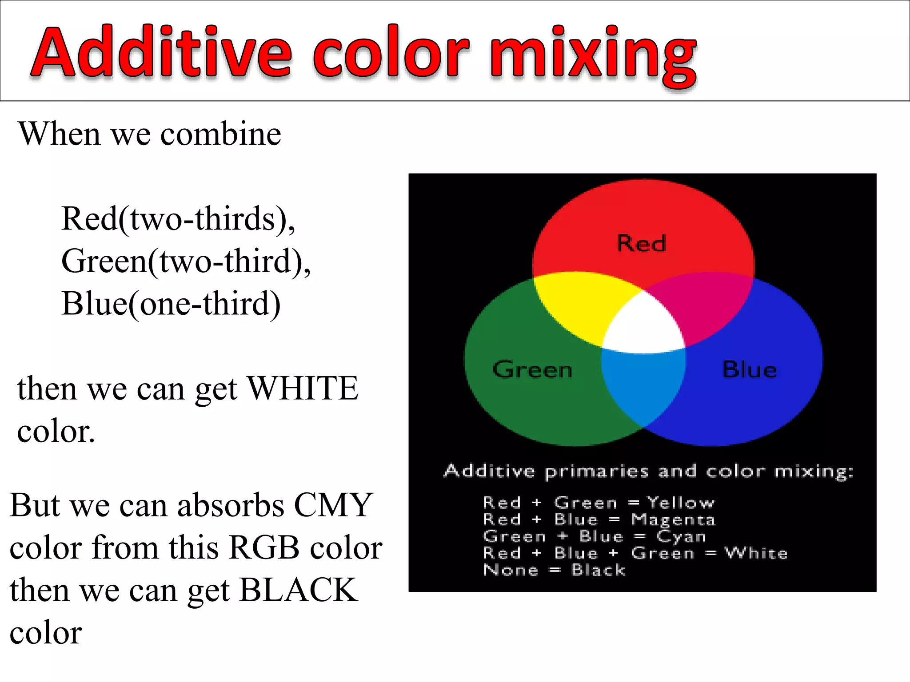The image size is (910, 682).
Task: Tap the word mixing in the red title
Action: pos(593,56)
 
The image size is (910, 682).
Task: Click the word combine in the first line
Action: pos(220,134)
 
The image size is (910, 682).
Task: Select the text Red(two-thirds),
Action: pos(178,219)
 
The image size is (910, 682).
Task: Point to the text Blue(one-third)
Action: pos(171,304)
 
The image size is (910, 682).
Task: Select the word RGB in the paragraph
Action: pos(264,548)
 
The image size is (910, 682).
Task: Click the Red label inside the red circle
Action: pos(641,243)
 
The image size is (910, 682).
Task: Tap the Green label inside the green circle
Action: pos(532,369)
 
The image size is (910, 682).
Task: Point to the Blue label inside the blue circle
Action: pos(750,369)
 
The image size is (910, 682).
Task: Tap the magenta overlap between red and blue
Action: pos(706,306)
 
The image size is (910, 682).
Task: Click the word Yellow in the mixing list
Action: pos(680,503)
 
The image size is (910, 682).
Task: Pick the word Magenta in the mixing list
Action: pos(673,519)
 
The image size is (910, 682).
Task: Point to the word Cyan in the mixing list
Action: pos(681,536)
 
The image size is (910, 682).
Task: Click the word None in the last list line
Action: pos(511,570)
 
